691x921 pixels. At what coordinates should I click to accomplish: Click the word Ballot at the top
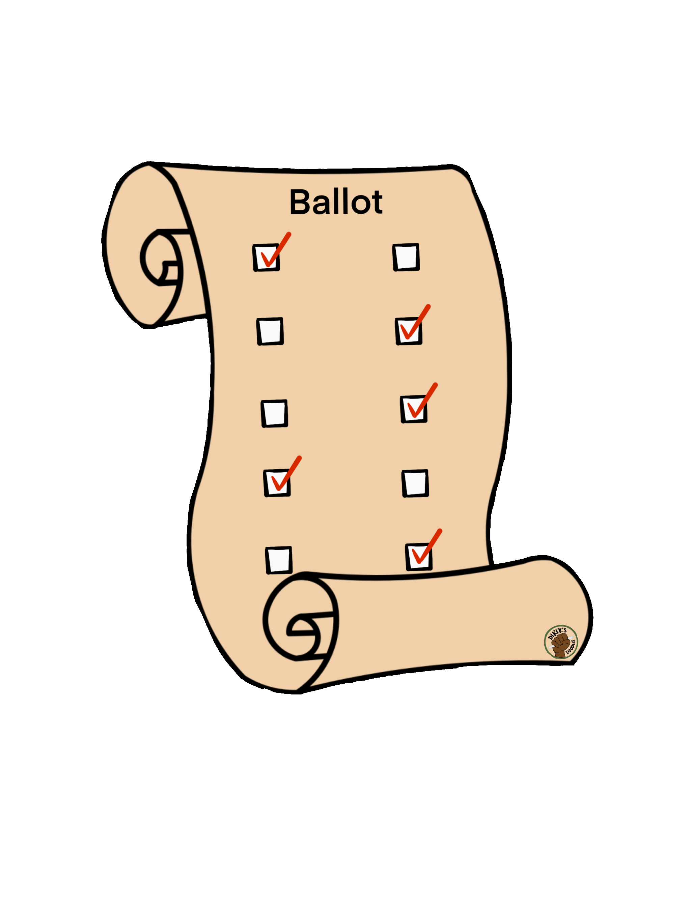point(336,202)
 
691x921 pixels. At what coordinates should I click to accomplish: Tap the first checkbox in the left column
point(266,257)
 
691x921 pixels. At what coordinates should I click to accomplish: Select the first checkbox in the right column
point(406,257)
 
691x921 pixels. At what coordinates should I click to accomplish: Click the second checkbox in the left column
point(270,331)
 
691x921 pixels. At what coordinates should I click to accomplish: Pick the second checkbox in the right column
point(409,331)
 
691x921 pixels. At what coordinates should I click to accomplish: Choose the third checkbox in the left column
point(274,413)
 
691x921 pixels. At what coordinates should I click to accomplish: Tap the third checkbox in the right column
point(413,409)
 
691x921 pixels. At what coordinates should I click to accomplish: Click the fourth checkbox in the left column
point(277,483)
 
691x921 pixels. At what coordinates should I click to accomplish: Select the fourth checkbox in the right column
point(415,483)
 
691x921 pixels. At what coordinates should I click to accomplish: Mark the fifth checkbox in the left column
point(279,560)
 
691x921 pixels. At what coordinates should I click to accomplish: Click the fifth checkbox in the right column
point(419,557)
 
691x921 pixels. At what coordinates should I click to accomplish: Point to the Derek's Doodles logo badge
point(561,642)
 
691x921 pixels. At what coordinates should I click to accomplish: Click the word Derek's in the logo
point(556,634)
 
